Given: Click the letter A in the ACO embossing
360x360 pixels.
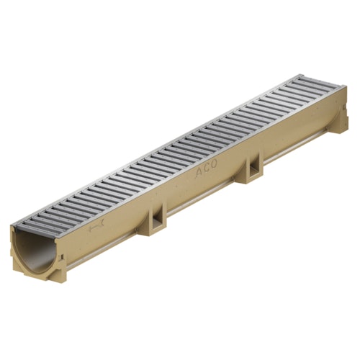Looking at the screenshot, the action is (x=199, y=173).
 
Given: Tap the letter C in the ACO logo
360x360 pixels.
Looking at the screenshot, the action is (x=207, y=168).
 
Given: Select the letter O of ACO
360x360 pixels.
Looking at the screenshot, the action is (x=213, y=163).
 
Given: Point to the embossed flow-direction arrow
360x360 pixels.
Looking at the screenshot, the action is (x=96, y=227).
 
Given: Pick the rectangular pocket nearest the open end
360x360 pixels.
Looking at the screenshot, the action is (x=157, y=221).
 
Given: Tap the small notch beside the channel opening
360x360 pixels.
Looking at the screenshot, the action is (x=62, y=257).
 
